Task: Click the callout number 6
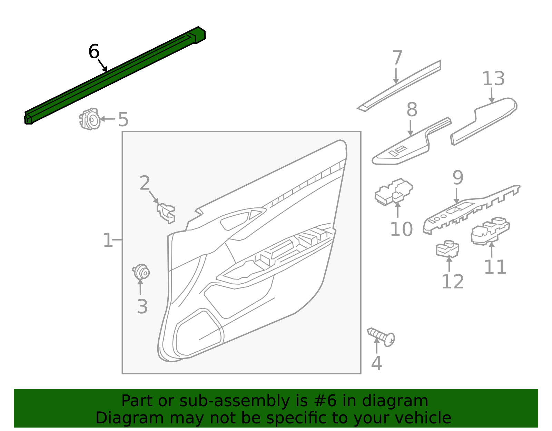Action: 94,52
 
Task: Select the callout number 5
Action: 123,120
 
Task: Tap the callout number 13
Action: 493,79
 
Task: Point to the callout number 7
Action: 397,58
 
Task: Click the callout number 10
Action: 401,229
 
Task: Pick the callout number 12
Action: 453,282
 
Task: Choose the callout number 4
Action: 376,363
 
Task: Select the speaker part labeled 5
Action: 90,119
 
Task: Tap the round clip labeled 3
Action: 141,272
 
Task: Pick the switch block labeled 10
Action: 394,192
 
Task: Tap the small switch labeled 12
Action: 447,249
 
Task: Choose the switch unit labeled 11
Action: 490,231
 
